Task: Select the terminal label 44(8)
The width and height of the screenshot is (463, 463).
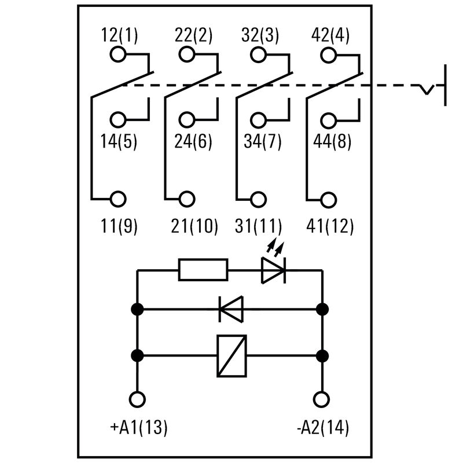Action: [332, 141]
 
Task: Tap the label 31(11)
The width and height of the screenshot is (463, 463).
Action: [259, 226]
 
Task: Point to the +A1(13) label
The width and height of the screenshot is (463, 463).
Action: [138, 428]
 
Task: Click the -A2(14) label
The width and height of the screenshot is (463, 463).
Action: [322, 428]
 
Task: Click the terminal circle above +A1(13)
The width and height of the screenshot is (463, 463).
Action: [138, 399]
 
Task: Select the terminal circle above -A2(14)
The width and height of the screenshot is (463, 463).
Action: [322, 399]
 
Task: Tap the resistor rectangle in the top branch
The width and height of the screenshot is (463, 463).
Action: [203, 270]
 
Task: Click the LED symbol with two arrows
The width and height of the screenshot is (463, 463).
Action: [273, 267]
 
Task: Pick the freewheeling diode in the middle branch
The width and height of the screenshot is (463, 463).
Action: [231, 309]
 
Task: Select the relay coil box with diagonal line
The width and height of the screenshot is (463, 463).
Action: [231, 355]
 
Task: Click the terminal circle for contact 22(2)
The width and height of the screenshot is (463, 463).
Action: [186, 55]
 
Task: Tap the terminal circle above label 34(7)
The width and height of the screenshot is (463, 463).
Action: [258, 120]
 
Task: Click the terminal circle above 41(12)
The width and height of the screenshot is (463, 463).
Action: [329, 199]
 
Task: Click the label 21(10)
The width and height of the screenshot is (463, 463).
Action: [194, 226]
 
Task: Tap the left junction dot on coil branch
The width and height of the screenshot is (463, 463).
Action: [138, 355]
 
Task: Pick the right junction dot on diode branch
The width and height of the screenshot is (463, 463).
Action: [322, 309]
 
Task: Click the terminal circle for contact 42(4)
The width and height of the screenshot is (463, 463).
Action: [329, 55]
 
